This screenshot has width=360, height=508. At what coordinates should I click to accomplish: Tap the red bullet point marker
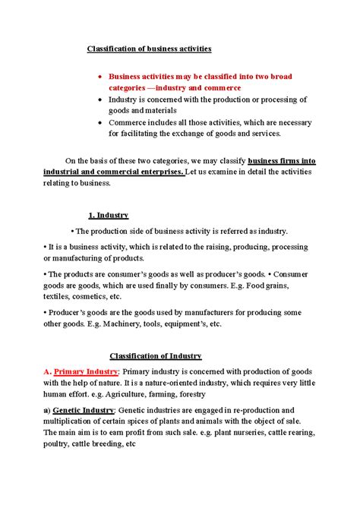(100, 77)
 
